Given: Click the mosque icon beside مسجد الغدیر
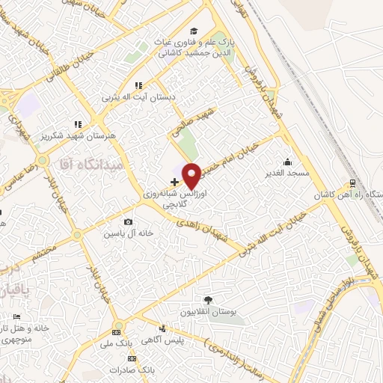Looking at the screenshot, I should tap(287, 162).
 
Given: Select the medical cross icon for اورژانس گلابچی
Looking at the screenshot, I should tap(174, 182).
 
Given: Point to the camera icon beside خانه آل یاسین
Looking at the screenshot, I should tap(129, 222).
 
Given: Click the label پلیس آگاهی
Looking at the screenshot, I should tap(184, 341).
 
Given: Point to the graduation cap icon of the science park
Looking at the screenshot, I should tap(194, 31).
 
